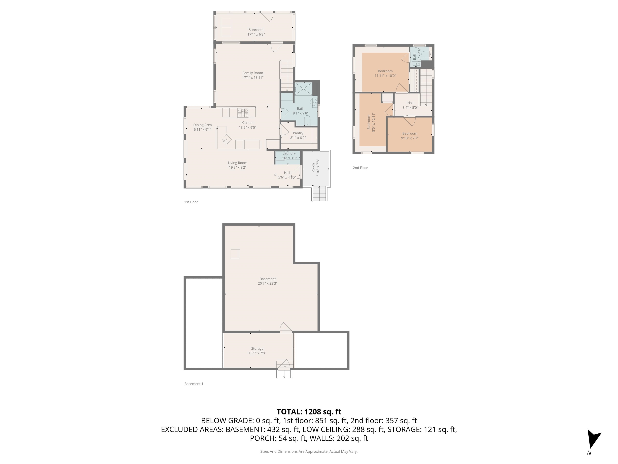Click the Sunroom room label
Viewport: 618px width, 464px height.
(256, 30)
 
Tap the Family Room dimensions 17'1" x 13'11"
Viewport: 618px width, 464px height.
(252, 78)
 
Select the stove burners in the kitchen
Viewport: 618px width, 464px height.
(243, 113)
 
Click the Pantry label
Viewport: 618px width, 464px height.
(298, 133)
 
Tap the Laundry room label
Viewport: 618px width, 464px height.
(289, 153)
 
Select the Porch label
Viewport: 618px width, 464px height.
(313, 168)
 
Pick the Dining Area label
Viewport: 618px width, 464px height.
(202, 125)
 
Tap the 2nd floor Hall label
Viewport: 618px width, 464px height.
(410, 103)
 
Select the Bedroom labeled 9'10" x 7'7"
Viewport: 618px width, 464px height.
(410, 136)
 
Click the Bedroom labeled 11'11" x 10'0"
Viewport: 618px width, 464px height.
(385, 73)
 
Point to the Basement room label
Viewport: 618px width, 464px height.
(267, 279)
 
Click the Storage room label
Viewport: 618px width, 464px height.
(257, 348)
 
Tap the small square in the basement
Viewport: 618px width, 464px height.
(235, 254)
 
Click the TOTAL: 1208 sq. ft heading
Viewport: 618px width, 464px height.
(309, 412)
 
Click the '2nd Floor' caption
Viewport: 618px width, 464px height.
(360, 168)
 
